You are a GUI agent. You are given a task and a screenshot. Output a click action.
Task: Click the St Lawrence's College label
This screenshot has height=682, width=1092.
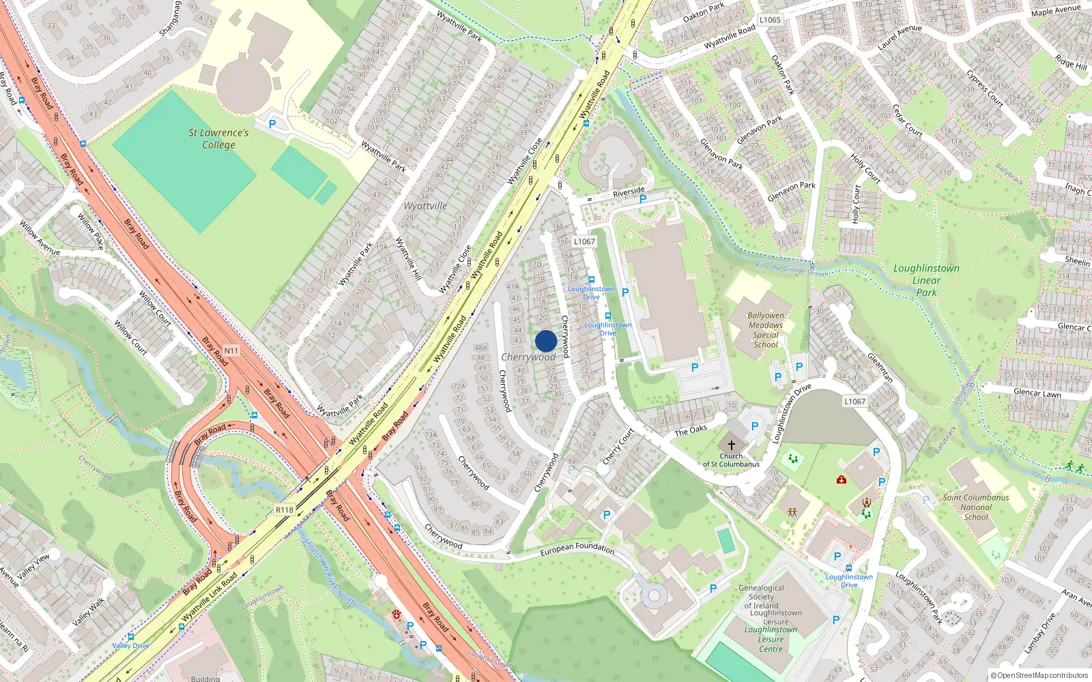coord(218,138)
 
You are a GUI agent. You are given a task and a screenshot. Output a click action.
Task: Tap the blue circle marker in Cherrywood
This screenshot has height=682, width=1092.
coord(546,341)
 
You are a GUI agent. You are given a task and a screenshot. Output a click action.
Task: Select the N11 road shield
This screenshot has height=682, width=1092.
coord(231,351)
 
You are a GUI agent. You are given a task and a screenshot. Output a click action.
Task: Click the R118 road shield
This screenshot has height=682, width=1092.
coord(285,509)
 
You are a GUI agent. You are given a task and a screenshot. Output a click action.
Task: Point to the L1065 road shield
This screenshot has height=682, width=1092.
coord(770,20)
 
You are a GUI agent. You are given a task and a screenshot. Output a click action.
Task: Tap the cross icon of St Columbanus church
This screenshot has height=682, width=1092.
coord(731,444)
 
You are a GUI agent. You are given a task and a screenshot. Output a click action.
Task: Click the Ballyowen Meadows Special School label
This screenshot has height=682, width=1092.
coord(766,330)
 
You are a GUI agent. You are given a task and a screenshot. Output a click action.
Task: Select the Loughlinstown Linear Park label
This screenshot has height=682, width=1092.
coord(926,280)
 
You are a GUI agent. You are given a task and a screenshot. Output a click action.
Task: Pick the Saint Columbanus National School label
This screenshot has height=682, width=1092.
coord(976,507)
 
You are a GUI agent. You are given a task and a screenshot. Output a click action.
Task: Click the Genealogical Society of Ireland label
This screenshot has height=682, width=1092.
coord(761,597)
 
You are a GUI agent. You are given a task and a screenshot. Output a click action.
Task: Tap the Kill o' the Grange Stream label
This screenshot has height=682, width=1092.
coord(792,269)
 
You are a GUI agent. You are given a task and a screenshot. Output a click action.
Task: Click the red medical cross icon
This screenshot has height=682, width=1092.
coord(842,479)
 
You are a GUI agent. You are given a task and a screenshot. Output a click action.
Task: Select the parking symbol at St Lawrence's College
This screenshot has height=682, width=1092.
coord(272,124)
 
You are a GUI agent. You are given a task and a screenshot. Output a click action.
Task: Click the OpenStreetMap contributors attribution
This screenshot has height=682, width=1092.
coord(1039,676)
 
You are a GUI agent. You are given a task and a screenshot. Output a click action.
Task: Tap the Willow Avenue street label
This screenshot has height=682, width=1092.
coord(40,237)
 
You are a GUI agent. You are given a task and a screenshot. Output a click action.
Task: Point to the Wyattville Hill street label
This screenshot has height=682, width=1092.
coord(408,259)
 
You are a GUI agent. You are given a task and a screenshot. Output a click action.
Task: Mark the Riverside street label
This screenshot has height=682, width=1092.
coord(629,192)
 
